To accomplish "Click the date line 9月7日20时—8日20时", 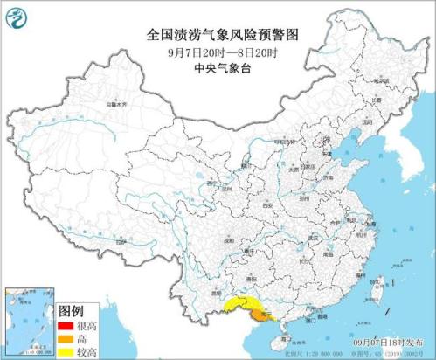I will click(218, 51).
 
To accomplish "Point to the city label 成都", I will click(229, 237).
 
